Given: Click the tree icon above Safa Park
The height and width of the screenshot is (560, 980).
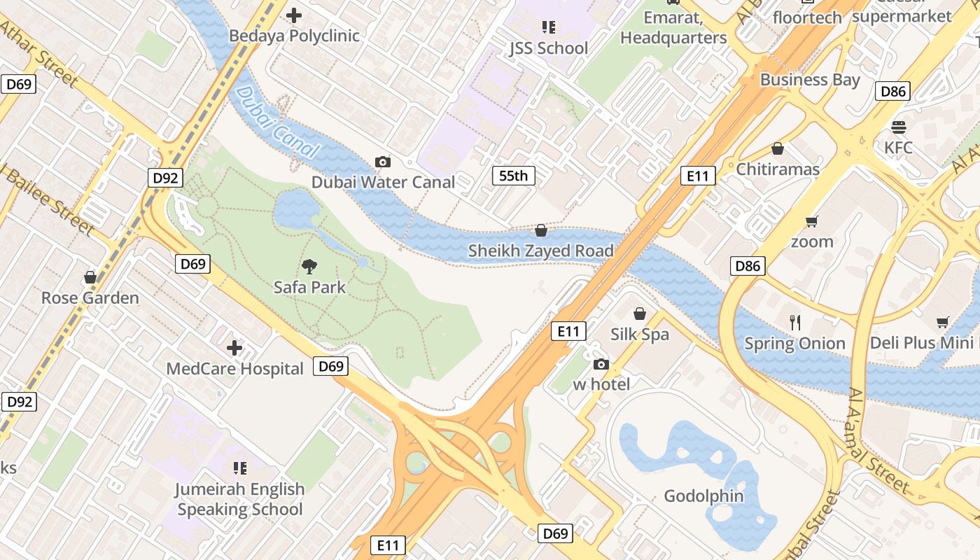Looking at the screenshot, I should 309,266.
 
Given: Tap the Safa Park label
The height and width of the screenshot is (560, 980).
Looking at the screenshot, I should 309,287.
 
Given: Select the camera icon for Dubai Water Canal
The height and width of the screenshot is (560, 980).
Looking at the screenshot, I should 383,162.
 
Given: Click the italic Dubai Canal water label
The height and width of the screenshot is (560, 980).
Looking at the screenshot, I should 277,122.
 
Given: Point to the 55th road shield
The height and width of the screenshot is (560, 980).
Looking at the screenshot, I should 513,176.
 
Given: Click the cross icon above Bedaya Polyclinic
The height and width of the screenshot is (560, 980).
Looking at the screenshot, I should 295,15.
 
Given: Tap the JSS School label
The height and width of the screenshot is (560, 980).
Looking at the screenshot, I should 548,48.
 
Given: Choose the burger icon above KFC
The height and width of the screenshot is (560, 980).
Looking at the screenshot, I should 899,127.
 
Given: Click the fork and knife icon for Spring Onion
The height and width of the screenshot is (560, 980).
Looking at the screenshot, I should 794,323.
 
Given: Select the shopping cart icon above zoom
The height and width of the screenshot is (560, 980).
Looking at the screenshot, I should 812,221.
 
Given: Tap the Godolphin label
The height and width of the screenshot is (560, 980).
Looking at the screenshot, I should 703,496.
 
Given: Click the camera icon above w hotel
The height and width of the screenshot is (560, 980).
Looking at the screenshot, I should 601,364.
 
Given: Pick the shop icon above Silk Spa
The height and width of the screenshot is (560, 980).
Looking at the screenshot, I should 639,314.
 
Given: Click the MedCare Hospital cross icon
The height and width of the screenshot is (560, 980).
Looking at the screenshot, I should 234,348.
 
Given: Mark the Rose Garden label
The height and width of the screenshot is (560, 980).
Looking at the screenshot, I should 90,298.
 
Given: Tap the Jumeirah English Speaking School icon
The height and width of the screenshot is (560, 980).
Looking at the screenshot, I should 239,468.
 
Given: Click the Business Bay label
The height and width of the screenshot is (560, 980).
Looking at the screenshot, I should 810,80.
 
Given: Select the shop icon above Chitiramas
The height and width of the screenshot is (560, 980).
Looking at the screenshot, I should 777,148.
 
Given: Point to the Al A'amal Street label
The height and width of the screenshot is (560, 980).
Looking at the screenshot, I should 879,441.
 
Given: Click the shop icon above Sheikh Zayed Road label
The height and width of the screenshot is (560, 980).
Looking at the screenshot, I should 540,230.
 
